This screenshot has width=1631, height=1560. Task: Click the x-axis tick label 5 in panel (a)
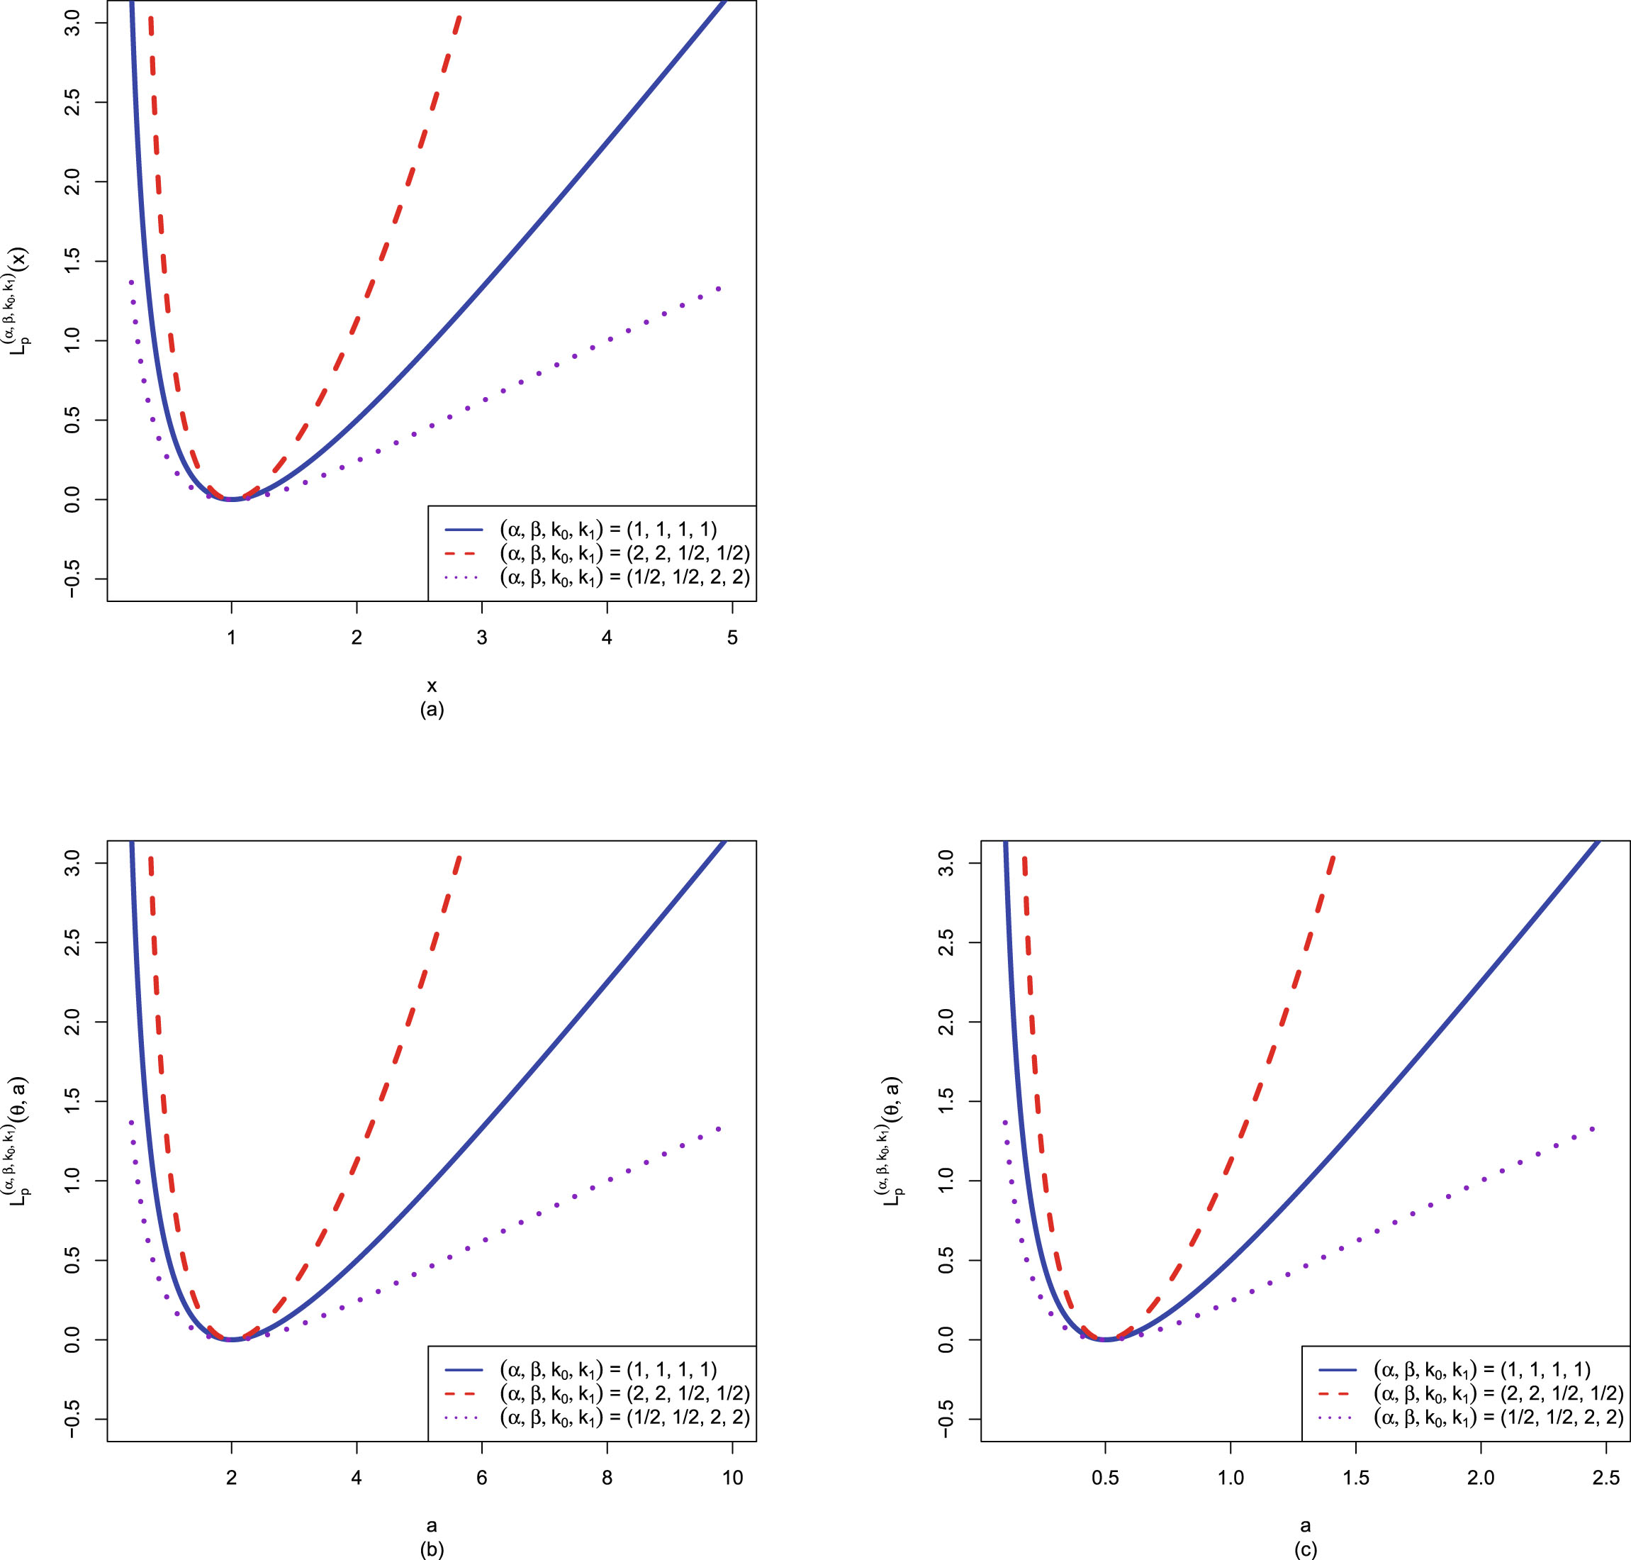pyautogui.click(x=732, y=637)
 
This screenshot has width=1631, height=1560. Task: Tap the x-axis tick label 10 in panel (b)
pyautogui.click(x=732, y=1478)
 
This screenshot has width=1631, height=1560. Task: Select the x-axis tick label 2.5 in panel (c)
pyautogui.click(x=1605, y=1478)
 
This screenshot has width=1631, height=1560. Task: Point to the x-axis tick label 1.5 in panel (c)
pyautogui.click(x=1356, y=1478)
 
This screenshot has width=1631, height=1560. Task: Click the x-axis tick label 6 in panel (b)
pyautogui.click(x=481, y=1478)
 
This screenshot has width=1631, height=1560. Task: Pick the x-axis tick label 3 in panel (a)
pyautogui.click(x=481, y=637)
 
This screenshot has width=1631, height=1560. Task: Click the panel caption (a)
pyautogui.click(x=432, y=709)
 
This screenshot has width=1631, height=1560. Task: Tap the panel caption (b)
pyautogui.click(x=432, y=1549)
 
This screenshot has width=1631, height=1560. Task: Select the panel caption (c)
pyautogui.click(x=1305, y=1549)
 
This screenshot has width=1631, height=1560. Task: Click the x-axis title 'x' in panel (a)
pyautogui.click(x=432, y=686)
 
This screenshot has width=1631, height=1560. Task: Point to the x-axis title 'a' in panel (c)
pyautogui.click(x=1305, y=1526)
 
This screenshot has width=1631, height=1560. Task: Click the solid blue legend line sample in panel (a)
pyautogui.click(x=463, y=530)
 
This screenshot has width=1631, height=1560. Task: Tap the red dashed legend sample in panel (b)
pyautogui.click(x=463, y=1393)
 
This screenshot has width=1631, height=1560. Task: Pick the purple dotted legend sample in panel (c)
pyautogui.click(x=1337, y=1417)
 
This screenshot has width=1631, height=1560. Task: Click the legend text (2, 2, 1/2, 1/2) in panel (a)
pyautogui.click(x=624, y=554)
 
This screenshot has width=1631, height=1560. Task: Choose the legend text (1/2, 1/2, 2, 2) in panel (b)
pyautogui.click(x=624, y=1417)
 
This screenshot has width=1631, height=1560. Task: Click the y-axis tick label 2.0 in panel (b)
pyautogui.click(x=72, y=1022)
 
